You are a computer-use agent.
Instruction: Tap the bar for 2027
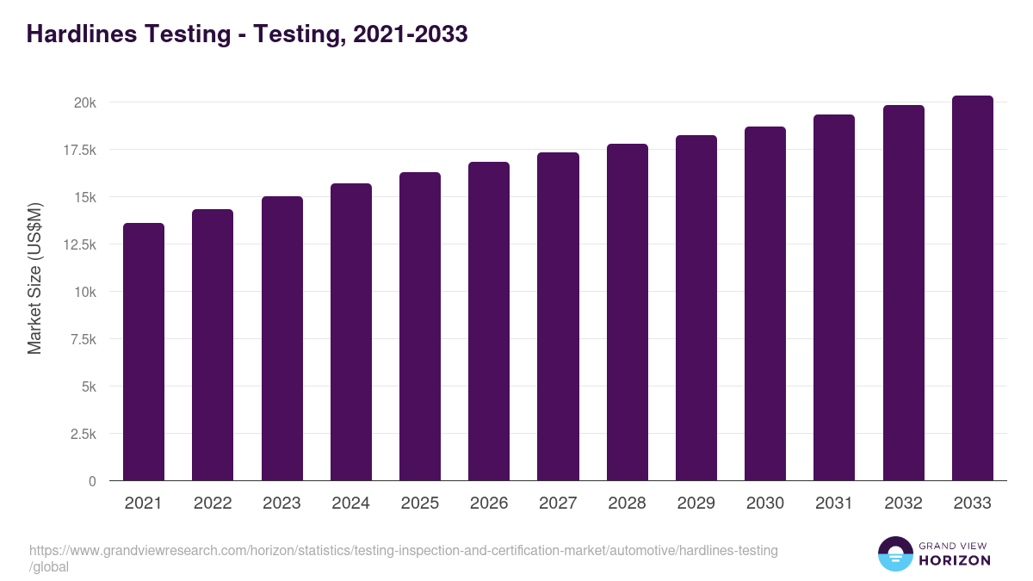(558, 316)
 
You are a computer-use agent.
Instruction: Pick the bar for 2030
(765, 303)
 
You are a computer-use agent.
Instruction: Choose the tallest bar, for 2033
(972, 287)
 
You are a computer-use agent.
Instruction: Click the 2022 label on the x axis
(213, 504)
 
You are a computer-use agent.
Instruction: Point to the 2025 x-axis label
(419, 504)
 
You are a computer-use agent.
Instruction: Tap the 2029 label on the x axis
(696, 504)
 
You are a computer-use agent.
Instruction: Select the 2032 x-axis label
(903, 504)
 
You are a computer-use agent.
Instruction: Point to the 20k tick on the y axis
(84, 102)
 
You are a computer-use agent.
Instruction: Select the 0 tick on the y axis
(92, 481)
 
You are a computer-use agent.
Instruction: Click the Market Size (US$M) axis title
(34, 279)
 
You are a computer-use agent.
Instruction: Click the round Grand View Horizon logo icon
(894, 553)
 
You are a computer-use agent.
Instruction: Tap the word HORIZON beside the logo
(955, 560)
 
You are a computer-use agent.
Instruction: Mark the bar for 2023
(281, 338)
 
